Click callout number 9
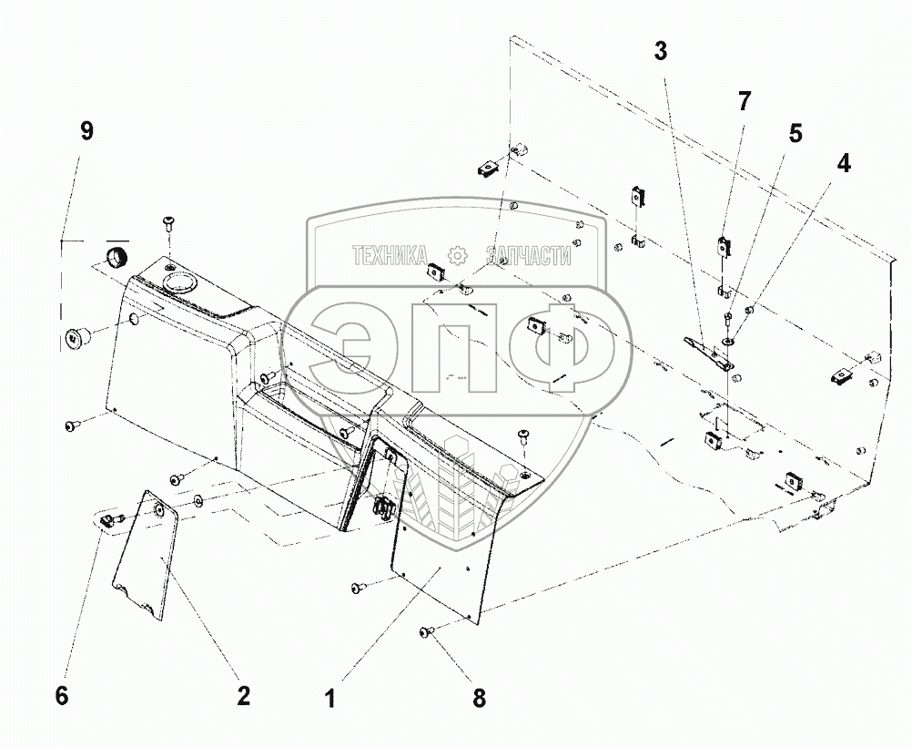[x=86, y=130]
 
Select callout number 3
[x=660, y=51]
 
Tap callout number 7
[x=745, y=101]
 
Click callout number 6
[x=61, y=696]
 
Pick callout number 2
[x=243, y=696]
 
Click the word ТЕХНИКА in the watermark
[x=390, y=256]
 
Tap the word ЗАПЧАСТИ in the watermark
[x=529, y=256]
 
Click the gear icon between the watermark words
[x=458, y=256]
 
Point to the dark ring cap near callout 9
[x=117, y=256]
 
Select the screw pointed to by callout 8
[x=426, y=632]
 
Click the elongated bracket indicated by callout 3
[x=709, y=353]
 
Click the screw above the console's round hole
[x=169, y=223]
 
